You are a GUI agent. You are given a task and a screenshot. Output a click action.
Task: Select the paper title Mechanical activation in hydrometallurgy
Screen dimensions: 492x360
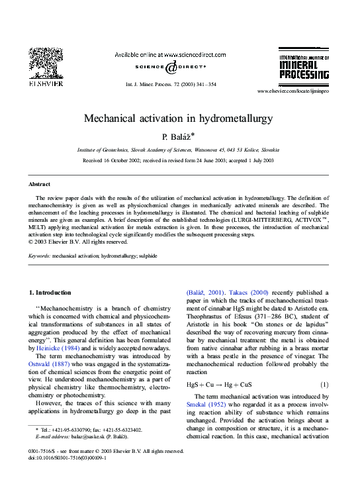(179, 118)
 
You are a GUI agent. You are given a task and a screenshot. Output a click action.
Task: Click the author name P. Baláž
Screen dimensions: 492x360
(179, 136)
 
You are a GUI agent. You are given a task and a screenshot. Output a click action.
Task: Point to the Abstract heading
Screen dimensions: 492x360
(40, 183)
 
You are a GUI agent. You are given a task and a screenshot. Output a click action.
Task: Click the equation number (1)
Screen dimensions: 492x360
(324, 384)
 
